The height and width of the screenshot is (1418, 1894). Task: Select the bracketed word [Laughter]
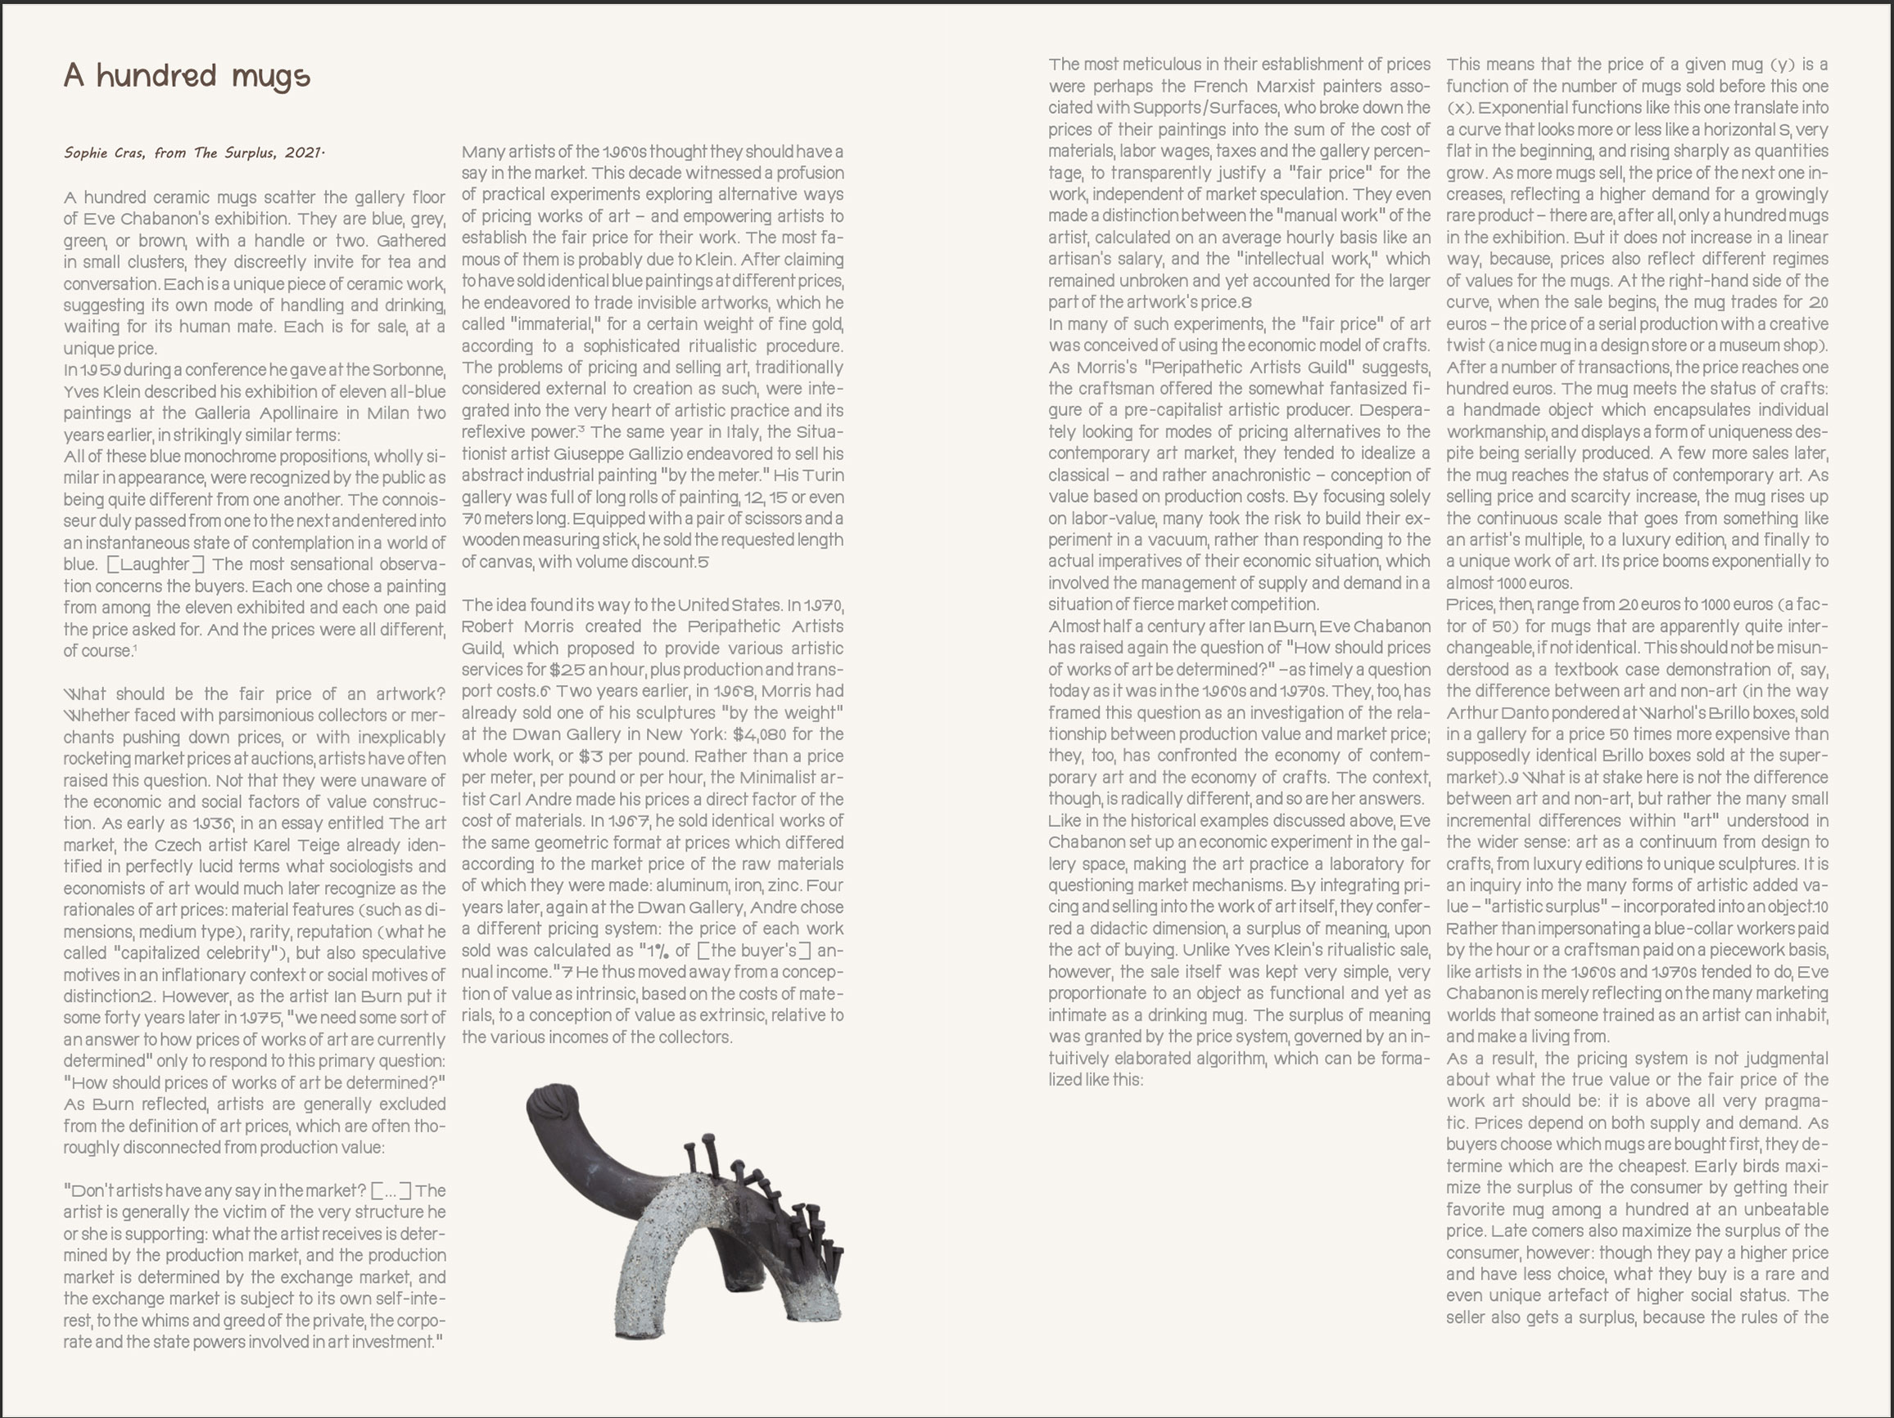click(156, 564)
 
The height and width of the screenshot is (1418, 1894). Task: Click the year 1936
click(211, 824)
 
